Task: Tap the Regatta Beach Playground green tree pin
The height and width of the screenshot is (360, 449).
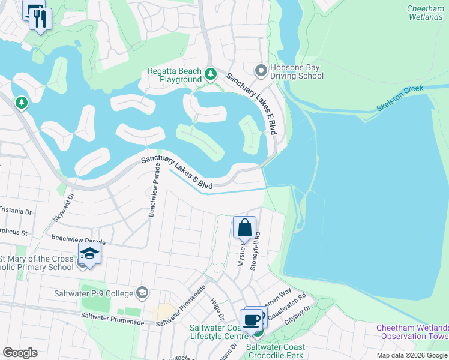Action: click(210, 74)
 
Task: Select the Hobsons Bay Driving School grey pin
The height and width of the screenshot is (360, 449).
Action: click(261, 71)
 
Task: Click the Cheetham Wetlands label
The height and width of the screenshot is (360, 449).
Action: click(425, 13)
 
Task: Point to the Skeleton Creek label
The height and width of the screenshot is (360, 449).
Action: click(400, 98)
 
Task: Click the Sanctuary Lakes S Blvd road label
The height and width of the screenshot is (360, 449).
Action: click(177, 173)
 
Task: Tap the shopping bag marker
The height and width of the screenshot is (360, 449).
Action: click(244, 228)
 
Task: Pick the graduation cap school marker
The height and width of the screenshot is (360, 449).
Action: click(89, 253)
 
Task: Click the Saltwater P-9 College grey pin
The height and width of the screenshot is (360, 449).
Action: click(142, 292)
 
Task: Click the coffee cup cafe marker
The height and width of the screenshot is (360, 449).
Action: click(251, 320)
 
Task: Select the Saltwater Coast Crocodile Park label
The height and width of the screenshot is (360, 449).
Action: click(276, 351)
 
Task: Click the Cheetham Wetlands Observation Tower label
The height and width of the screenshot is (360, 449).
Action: click(413, 332)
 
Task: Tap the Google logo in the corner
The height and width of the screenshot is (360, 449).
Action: click(20, 353)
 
